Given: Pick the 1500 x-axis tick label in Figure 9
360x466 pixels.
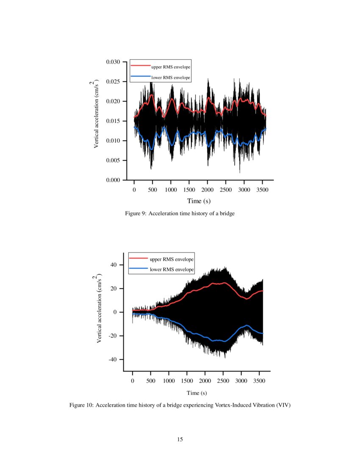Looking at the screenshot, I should [189, 190].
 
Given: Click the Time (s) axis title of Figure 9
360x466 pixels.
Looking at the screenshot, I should [199, 201].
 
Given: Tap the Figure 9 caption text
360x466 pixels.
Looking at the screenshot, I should [180, 214].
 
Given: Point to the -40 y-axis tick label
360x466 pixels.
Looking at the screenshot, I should [113, 360].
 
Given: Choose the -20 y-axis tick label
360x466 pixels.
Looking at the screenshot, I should [113, 336].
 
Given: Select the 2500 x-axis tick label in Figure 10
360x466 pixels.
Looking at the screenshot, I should [223, 380].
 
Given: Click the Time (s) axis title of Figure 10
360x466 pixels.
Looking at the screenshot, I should [197, 393].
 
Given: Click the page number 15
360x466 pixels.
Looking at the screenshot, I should [180, 439].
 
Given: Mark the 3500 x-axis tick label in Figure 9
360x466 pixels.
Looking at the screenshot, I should [263, 190].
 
